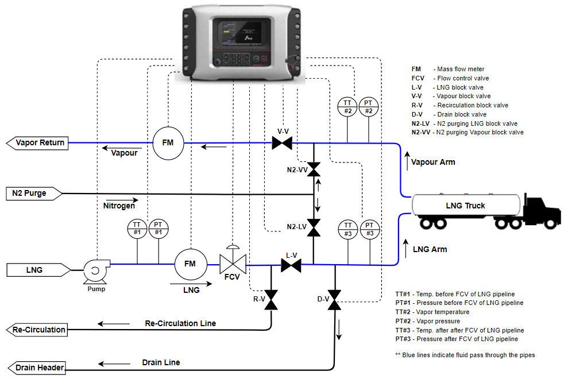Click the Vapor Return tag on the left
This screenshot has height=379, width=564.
(x=37, y=142)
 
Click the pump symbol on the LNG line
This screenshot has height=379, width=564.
(x=94, y=269)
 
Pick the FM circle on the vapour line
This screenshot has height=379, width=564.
(x=167, y=142)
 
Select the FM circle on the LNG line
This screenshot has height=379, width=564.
(x=190, y=264)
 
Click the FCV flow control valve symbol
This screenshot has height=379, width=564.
(x=233, y=264)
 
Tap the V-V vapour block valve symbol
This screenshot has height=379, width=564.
(x=282, y=142)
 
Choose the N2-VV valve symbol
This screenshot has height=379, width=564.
(x=314, y=169)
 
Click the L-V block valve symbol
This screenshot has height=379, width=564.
(x=291, y=265)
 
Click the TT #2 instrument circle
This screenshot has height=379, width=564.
(x=348, y=107)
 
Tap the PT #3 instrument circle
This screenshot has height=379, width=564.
(x=369, y=229)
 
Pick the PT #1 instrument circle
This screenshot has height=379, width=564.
(x=159, y=229)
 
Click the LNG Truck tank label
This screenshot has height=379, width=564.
(x=466, y=206)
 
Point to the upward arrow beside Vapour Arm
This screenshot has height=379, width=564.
(x=407, y=161)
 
